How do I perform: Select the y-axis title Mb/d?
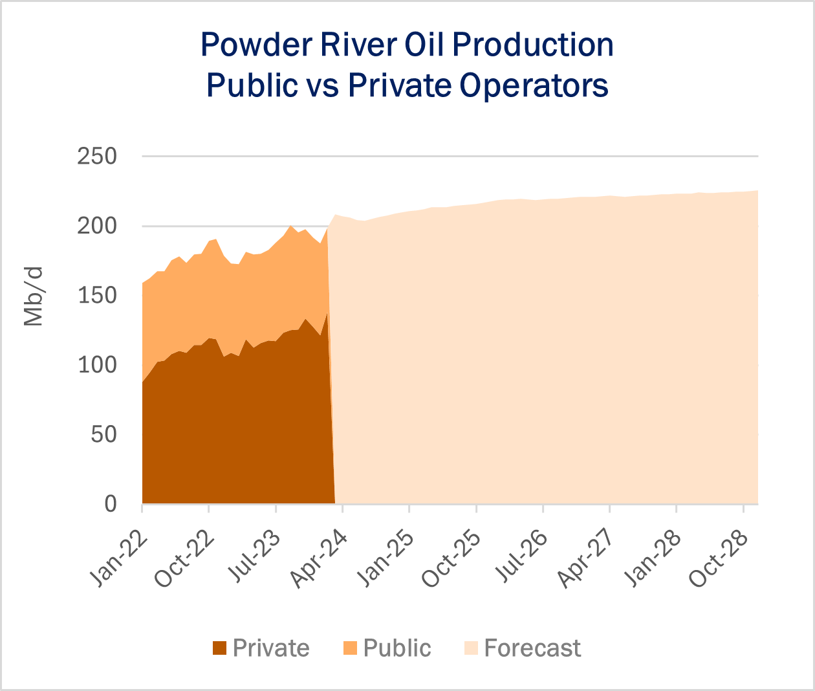point(33,296)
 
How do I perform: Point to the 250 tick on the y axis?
point(97,157)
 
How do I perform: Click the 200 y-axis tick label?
point(97,226)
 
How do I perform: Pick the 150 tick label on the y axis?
point(97,296)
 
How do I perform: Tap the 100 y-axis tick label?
point(97,365)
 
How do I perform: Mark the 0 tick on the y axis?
point(110,503)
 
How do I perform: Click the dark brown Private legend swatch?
point(220,648)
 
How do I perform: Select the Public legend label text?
point(397,648)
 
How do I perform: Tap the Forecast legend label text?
point(532,648)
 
